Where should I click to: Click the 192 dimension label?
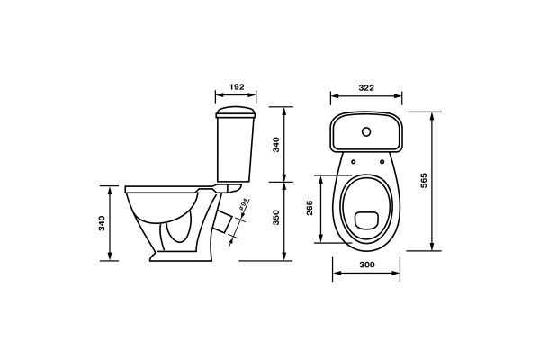pos(237,86)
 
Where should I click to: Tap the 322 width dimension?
pos(366,88)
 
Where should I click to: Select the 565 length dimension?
pos(424,180)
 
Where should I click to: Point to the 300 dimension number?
pos(367,265)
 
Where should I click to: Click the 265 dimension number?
pos(310,208)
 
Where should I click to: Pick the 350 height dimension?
pos(276,218)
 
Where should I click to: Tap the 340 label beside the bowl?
pos(102,223)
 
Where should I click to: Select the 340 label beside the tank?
pos(276,145)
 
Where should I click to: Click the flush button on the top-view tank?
pos(366,131)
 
